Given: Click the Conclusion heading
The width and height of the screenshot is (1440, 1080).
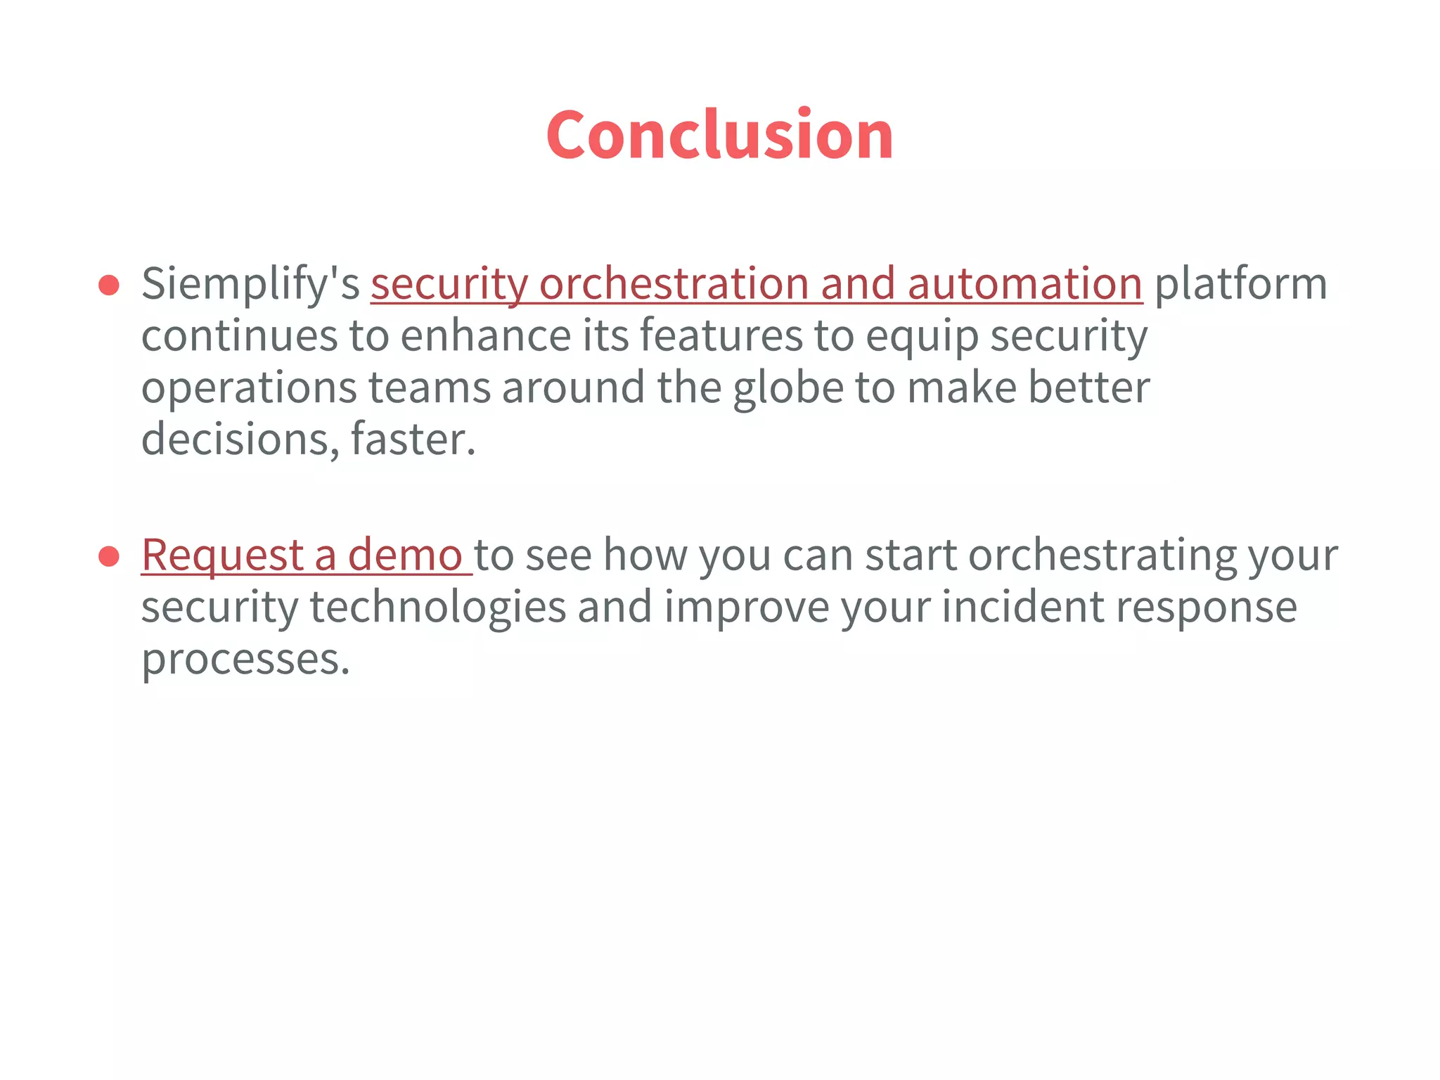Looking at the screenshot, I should point(719,134).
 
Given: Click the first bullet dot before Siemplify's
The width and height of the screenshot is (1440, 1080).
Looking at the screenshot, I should point(109,285).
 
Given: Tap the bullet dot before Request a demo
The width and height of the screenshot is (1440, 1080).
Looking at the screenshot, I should point(109,556).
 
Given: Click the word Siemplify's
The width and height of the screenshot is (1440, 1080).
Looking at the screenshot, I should point(250,285).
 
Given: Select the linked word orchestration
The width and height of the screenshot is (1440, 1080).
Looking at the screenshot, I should point(673,285).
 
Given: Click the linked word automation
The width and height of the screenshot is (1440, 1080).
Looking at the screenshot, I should point(1024,285).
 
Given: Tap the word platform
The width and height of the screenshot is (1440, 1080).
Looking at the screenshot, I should point(1240,285).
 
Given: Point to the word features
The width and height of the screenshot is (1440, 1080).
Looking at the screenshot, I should point(721,336).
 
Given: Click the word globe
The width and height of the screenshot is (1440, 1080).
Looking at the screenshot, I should point(788,388).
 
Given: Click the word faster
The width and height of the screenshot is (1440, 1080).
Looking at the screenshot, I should point(413,440).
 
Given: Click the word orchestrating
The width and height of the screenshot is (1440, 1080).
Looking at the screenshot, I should point(1102,556).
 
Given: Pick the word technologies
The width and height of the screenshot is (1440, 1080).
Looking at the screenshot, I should point(438,608).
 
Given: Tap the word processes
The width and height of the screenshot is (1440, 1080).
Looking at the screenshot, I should point(245,660).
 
